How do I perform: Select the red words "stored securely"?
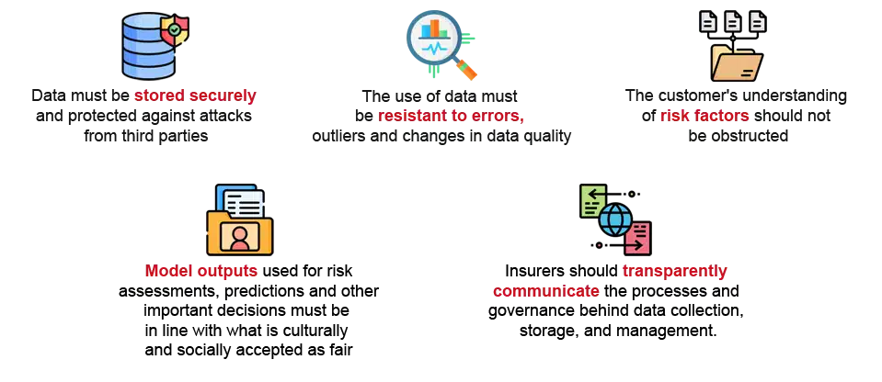[x=195, y=95]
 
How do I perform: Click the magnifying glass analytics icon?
[x=433, y=42]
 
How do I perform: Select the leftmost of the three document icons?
[x=710, y=21]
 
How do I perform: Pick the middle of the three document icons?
[x=733, y=21]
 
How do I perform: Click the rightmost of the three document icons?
[x=756, y=21]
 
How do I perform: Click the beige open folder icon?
[x=737, y=64]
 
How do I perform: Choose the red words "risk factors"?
[x=704, y=117]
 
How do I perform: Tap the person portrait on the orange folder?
[x=240, y=236]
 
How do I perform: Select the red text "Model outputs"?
[x=199, y=272]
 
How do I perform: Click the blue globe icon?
[x=614, y=220]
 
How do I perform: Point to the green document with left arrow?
[x=592, y=200]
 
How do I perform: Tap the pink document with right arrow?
[x=638, y=239]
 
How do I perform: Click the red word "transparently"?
[x=674, y=272]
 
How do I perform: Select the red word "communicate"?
[x=547, y=293]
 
